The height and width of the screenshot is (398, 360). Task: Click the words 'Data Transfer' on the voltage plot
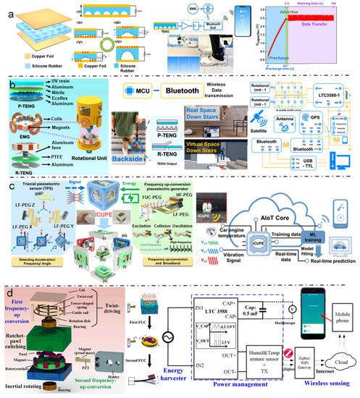(x=323, y=43)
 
